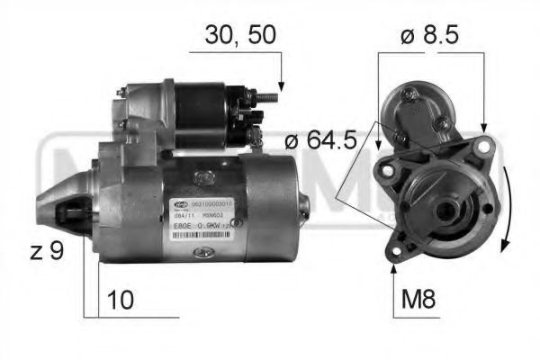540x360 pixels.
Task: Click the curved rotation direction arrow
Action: click(508, 207)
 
